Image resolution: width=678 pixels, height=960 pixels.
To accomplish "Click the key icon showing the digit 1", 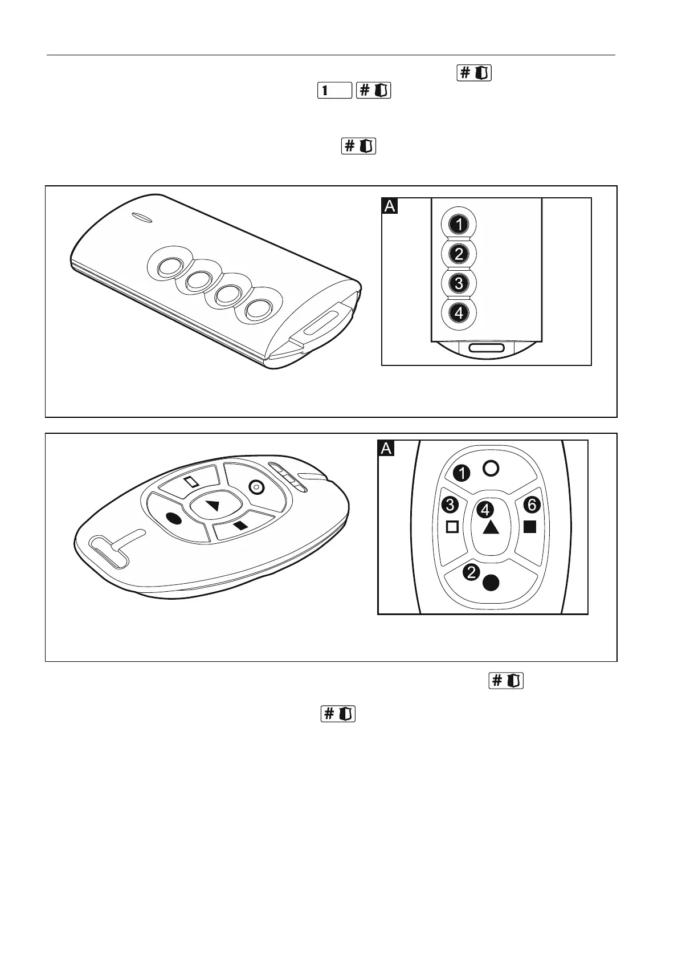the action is (x=334, y=90).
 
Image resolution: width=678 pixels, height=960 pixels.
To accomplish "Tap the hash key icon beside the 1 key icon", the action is (x=373, y=90).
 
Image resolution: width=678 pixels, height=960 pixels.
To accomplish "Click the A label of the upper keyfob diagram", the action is (x=390, y=206).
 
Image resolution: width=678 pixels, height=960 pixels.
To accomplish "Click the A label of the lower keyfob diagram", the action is (x=386, y=449).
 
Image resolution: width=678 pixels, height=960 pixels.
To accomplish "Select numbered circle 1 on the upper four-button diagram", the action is (x=459, y=224).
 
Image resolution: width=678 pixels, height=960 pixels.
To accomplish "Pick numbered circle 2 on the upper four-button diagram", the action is (x=459, y=254).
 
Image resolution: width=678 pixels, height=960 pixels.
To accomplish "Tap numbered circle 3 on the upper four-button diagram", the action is (x=459, y=283).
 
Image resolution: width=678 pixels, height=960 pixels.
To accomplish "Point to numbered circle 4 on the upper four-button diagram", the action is (x=459, y=313).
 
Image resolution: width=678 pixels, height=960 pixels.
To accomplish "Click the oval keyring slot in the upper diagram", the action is (x=486, y=348).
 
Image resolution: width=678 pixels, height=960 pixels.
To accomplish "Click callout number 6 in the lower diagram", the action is (x=532, y=505).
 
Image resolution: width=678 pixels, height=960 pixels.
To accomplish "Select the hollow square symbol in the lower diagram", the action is (x=452, y=527).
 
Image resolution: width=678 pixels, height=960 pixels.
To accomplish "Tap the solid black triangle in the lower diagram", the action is (x=491, y=528).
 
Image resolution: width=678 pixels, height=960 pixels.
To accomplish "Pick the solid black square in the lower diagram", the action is (x=530, y=527).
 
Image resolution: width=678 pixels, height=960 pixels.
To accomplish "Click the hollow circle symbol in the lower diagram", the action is (x=491, y=468).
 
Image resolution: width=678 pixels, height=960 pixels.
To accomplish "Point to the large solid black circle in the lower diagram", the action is (x=491, y=582).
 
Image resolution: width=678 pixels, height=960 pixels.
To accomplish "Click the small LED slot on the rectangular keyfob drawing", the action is (x=138, y=217).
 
